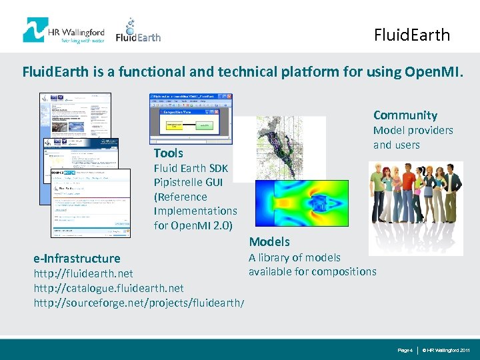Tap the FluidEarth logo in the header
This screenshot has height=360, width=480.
pyautogui.click(x=138, y=31)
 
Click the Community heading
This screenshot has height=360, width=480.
pyautogui.click(x=405, y=115)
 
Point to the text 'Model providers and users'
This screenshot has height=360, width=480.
pyautogui.click(x=412, y=137)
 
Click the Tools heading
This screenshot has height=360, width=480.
pyautogui.click(x=169, y=153)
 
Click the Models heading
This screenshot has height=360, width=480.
pyautogui.click(x=269, y=241)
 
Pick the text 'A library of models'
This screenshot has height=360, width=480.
pyautogui.click(x=295, y=257)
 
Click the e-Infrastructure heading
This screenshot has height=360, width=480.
pyautogui.click(x=77, y=258)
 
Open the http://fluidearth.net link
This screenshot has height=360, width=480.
pyautogui.click(x=83, y=273)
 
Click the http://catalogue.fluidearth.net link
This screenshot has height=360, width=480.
pyautogui.click(x=109, y=288)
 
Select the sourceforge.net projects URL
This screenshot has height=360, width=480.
pyautogui.click(x=139, y=303)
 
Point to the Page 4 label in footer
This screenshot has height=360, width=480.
pyautogui.click(x=405, y=350)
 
